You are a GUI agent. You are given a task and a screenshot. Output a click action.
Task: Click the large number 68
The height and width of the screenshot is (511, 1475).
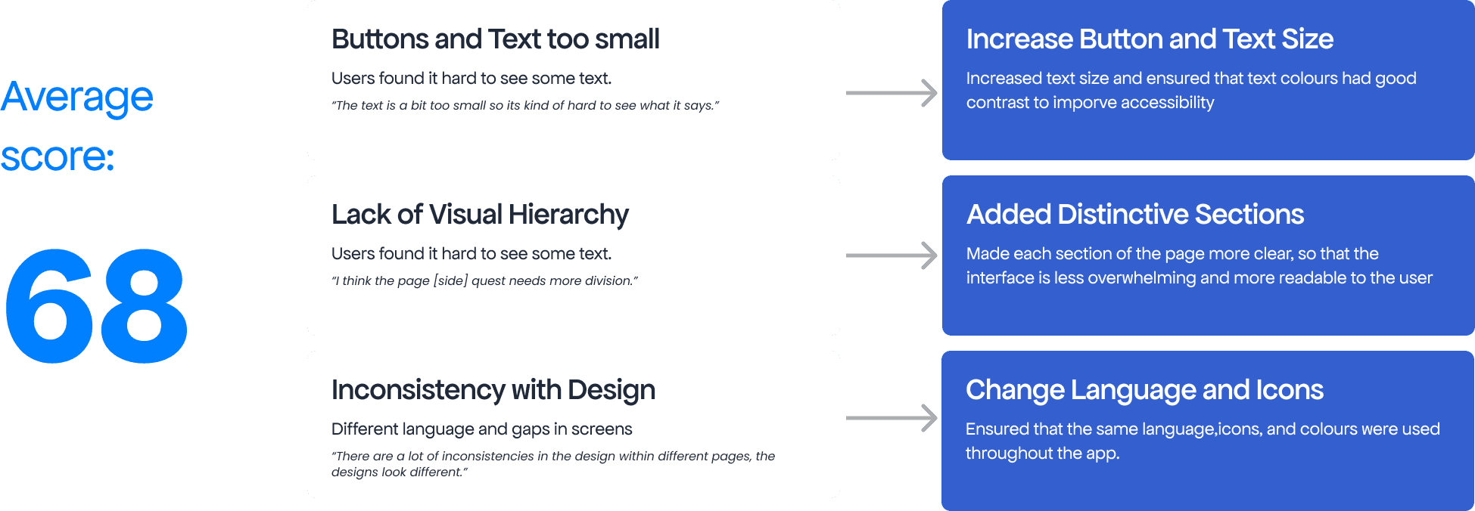click(96, 306)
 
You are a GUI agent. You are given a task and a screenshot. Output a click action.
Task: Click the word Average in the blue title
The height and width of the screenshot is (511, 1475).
click(77, 98)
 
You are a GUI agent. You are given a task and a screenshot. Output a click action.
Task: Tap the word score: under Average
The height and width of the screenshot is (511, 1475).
click(58, 157)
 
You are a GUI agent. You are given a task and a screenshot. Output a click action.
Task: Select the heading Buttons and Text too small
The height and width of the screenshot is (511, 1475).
click(496, 39)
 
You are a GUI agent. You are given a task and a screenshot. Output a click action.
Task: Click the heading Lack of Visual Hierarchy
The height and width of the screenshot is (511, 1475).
click(480, 215)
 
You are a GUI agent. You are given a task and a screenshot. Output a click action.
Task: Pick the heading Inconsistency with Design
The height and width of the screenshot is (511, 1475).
click(493, 391)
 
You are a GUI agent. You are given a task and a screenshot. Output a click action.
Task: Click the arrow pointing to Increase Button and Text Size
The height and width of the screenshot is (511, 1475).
click(892, 93)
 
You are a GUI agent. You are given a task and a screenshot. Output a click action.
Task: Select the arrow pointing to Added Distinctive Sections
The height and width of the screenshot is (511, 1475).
click(892, 255)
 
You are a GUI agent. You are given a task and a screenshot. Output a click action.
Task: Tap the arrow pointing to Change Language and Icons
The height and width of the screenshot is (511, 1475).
click(892, 418)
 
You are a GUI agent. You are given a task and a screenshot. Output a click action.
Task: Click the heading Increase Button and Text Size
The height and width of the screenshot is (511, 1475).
click(1150, 39)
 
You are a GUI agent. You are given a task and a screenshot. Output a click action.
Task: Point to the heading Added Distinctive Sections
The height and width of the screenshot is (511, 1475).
click(1135, 215)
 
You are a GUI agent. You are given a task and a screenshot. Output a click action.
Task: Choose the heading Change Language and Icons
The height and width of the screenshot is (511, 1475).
click(1144, 391)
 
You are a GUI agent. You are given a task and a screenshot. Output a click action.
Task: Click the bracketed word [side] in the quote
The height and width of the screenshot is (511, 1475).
click(451, 281)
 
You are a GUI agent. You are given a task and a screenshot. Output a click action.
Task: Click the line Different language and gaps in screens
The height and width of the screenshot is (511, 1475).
click(481, 429)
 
